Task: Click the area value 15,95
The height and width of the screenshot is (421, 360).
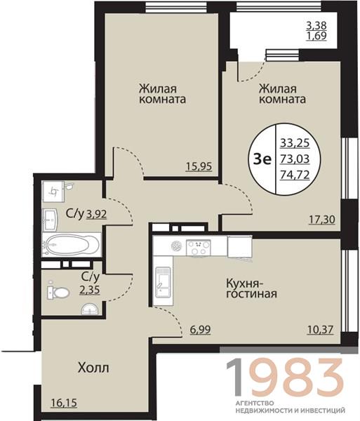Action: point(199,166)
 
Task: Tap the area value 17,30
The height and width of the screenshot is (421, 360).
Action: point(322,220)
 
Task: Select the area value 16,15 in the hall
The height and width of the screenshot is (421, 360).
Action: point(64,403)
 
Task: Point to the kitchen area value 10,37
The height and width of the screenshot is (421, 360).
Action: point(320,329)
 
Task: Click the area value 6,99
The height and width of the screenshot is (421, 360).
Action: point(200,329)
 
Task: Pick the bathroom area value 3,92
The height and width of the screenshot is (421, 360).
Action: point(96,214)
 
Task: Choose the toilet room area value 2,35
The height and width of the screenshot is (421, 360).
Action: point(90,290)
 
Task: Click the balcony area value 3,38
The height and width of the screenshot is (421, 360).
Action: point(316,26)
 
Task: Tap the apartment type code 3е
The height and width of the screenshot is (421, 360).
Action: point(262,159)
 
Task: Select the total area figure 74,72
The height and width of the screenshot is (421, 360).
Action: point(295,175)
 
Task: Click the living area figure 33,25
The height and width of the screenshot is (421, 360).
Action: point(295,143)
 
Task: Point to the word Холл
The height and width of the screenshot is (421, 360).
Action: point(93,368)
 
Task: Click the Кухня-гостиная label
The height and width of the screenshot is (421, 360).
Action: point(251,288)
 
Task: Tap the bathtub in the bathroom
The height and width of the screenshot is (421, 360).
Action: point(72,245)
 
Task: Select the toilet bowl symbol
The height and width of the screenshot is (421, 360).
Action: point(58,292)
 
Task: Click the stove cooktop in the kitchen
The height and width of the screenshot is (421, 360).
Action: point(199,247)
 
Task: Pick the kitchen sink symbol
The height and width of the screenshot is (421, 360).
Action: point(163,281)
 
